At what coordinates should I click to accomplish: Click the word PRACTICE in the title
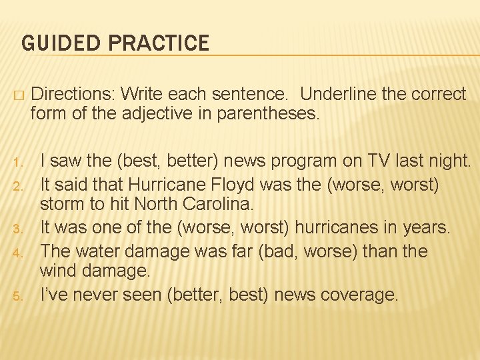158,44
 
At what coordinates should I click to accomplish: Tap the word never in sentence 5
106,294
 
